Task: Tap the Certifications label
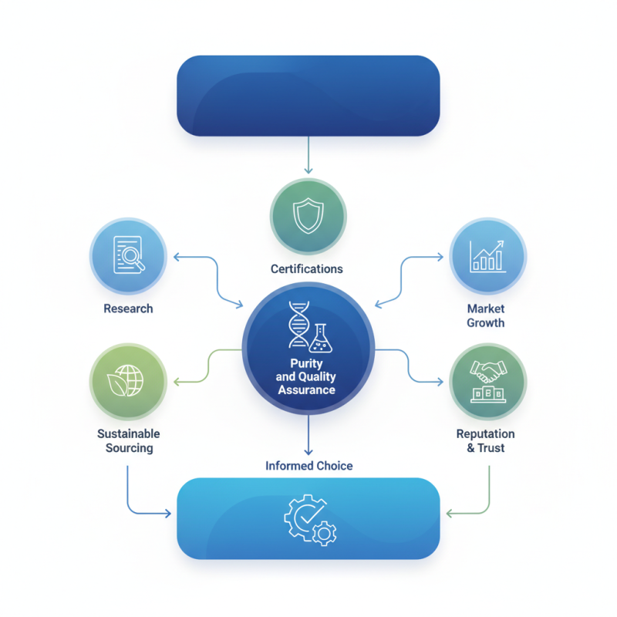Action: pyautogui.click(x=307, y=269)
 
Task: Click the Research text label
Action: pyautogui.click(x=128, y=308)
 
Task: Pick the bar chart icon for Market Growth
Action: pyautogui.click(x=487, y=255)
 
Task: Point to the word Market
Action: pyautogui.click(x=486, y=308)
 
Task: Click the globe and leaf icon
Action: pyautogui.click(x=128, y=381)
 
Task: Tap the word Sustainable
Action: pyautogui.click(x=129, y=434)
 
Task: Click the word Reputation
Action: pyautogui.click(x=486, y=434)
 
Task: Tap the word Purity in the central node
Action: pyautogui.click(x=308, y=363)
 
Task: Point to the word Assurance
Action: pyautogui.click(x=308, y=389)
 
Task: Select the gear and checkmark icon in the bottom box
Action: pyautogui.click(x=308, y=519)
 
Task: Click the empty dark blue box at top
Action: pyautogui.click(x=308, y=95)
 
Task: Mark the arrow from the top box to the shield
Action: pyautogui.click(x=308, y=154)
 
